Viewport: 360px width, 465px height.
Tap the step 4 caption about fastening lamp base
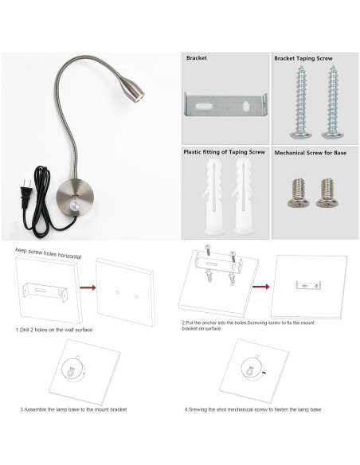pyautogui.click(x=253, y=409)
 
